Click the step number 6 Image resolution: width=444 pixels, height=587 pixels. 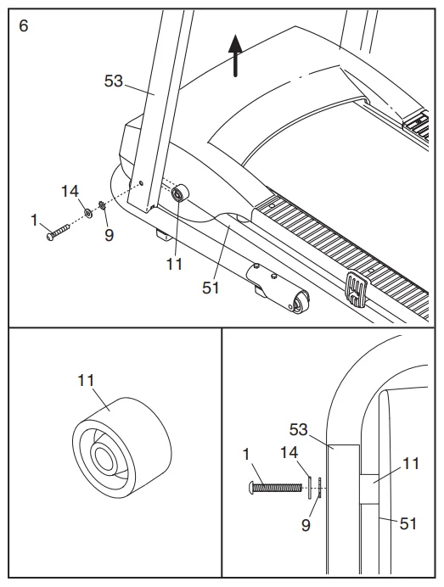point(23,25)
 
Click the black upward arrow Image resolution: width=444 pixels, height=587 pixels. point(235,58)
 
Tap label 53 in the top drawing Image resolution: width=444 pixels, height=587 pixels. point(113,81)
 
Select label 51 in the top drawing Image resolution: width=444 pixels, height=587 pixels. point(211,288)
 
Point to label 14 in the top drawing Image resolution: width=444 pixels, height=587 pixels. point(70,192)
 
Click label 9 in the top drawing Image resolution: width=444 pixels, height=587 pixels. point(109,235)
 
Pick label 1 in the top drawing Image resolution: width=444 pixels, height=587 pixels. point(35,221)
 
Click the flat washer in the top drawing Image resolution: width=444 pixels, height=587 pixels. point(88,210)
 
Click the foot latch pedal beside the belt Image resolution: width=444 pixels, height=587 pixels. point(357,289)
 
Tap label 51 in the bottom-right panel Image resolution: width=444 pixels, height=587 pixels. point(408,523)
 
